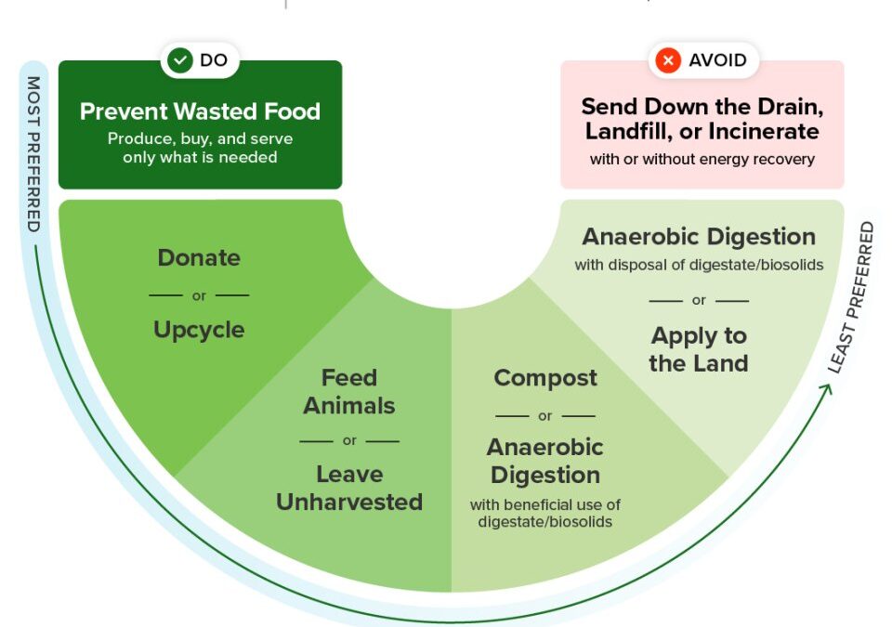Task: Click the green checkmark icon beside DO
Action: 180,59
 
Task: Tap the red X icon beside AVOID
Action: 668,60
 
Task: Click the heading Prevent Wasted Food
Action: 200,111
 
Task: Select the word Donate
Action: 199,257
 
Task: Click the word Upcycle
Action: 199,330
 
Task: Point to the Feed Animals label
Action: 348,391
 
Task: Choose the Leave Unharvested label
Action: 349,489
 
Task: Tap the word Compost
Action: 545,378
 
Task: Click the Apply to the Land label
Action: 699,349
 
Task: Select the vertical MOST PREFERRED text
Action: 33,154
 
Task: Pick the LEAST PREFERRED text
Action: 851,297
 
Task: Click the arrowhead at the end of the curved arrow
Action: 827,388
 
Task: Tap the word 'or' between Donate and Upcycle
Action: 199,296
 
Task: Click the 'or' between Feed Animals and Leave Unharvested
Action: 349,441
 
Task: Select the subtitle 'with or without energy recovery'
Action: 702,160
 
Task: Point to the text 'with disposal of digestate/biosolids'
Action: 699,265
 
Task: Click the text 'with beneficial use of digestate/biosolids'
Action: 545,513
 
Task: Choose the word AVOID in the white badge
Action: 717,60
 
